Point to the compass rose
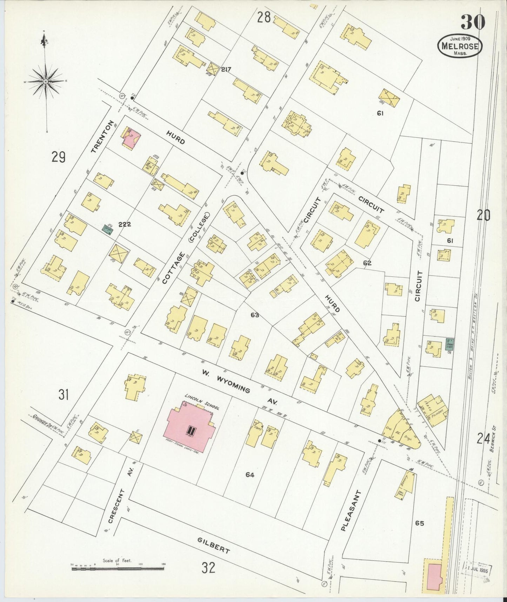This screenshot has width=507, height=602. (46, 81)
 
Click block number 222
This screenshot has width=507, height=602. (125, 224)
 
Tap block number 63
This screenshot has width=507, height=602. (255, 315)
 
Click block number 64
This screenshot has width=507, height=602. (250, 475)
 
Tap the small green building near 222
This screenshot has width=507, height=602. (107, 230)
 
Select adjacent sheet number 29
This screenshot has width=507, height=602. (58, 157)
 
